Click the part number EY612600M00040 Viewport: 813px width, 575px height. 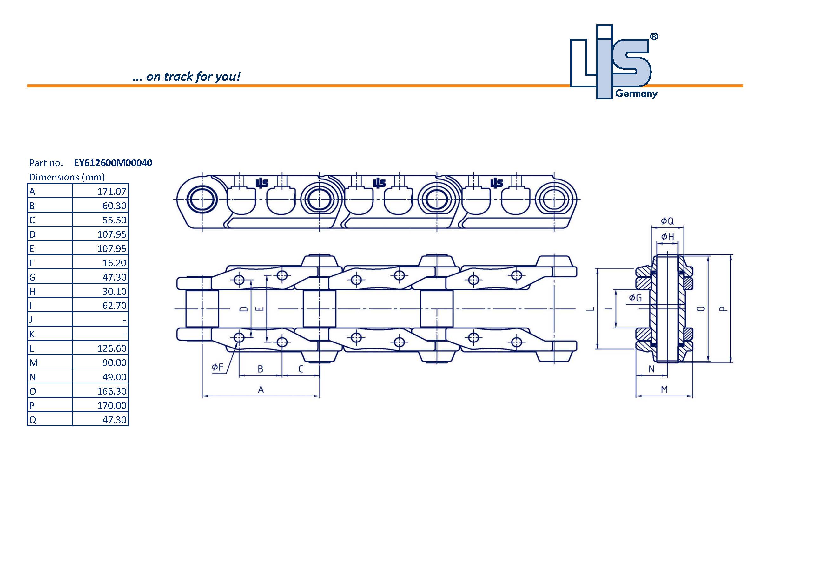[113, 163]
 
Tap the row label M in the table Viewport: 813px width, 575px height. [33, 363]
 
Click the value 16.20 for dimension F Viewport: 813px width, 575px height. [114, 263]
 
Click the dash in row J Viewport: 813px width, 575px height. [124, 320]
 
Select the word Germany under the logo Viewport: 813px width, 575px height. [636, 94]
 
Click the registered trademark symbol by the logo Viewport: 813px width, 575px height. [654, 37]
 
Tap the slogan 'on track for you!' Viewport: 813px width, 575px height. [187, 77]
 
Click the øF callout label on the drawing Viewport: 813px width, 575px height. [218, 367]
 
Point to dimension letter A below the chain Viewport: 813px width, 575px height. [261, 390]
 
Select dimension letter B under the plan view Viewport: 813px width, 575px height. [260, 369]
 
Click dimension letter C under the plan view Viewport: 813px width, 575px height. [301, 369]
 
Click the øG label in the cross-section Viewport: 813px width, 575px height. [635, 298]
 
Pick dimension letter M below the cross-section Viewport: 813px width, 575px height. [664, 389]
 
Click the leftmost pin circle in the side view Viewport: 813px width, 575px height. [202, 199]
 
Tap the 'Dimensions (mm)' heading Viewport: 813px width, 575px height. [67, 177]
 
